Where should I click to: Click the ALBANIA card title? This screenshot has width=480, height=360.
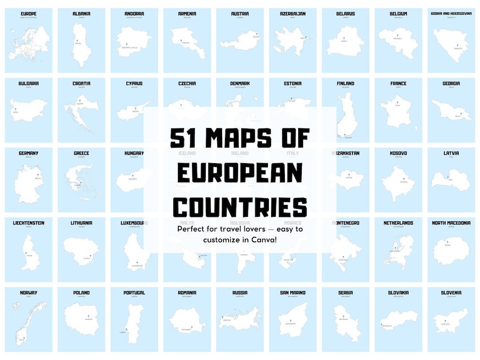click(81, 14)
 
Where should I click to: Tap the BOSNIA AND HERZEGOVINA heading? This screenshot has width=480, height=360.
click(451, 14)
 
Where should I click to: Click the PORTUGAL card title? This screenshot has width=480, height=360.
click(134, 293)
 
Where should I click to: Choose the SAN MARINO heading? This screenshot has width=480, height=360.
click(293, 293)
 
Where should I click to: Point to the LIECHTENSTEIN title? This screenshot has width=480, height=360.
click(28, 223)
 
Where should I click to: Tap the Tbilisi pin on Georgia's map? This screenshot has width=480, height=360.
click(461, 114)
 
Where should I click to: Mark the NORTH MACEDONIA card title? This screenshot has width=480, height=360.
click(451, 223)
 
